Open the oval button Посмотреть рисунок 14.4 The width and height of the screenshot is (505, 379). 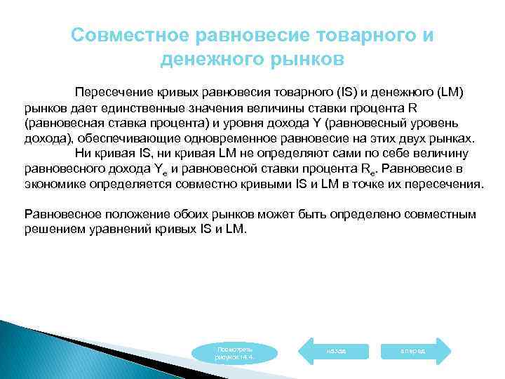click(x=235, y=352)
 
